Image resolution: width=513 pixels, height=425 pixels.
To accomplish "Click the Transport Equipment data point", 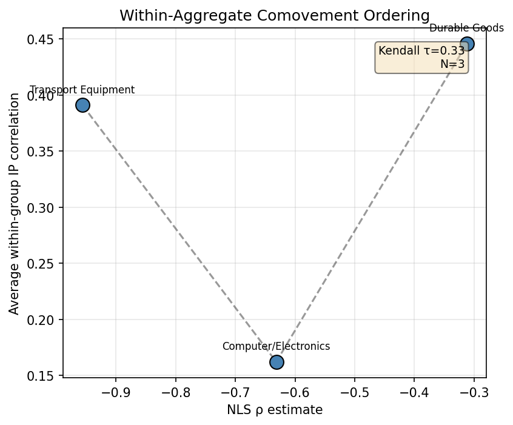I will click(x=82, y=105).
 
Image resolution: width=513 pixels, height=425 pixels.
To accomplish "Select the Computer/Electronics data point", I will click(x=277, y=362).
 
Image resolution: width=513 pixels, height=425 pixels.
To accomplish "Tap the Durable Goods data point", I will click(x=467, y=44).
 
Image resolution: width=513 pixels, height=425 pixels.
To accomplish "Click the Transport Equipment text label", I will click(x=82, y=90).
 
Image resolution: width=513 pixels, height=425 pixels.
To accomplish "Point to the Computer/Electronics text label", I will click(x=276, y=346).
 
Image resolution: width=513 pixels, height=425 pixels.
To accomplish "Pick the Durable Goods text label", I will click(x=466, y=28).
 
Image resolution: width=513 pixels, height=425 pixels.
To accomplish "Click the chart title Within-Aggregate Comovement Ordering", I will click(x=274, y=16).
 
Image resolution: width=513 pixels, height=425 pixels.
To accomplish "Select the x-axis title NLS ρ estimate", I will click(x=274, y=410).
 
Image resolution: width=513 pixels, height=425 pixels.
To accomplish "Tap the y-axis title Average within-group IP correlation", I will click(x=14, y=203).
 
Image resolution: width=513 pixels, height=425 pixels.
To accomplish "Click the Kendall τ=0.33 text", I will click(x=421, y=51).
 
